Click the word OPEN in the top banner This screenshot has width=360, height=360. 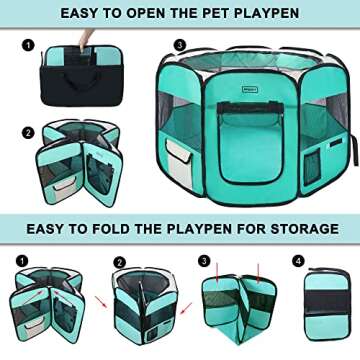coord(155,15)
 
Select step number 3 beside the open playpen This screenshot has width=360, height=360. coord(178,44)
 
